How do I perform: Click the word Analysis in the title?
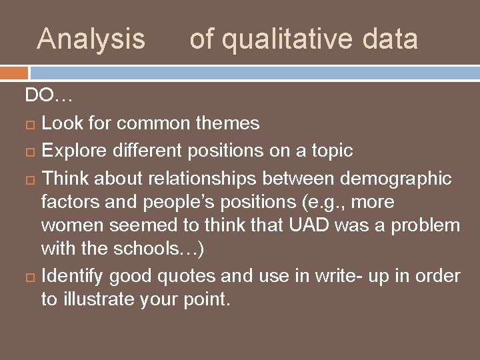[x=91, y=39]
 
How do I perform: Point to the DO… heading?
[x=49, y=96]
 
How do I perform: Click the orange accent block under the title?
[x=14, y=72]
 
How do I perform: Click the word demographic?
[x=395, y=179]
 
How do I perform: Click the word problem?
[x=425, y=226]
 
